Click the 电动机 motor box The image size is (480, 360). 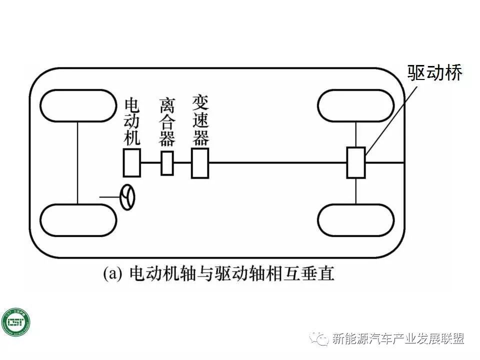pos(132,163)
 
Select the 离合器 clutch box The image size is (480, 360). pos(167,163)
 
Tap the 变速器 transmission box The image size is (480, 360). pos(199,163)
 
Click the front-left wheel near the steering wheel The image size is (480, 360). pos(78,220)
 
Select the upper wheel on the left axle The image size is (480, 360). pos(78,106)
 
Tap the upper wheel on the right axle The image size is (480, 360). pos(356,106)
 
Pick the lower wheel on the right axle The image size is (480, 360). pos(356,220)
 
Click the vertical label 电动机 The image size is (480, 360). pos(132,122)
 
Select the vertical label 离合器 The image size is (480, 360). pos(167,122)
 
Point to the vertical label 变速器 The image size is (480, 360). pos(200,119)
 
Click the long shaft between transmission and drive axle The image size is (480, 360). pos(277,163)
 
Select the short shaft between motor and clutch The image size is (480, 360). pos(150,163)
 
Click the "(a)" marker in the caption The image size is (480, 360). pos(112,274)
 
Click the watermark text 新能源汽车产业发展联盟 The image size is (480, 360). pos(398,339)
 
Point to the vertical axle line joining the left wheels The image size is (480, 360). pos(78,163)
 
